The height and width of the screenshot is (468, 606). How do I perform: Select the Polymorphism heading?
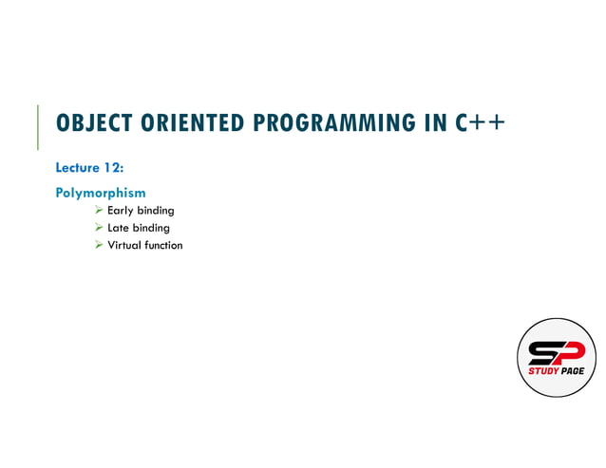coord(101,193)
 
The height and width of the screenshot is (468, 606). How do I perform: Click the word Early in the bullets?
coord(120,211)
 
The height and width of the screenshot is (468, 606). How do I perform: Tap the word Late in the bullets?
coord(119,228)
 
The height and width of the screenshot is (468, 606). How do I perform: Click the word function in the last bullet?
coord(163,245)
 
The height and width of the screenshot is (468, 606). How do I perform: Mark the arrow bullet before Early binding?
coord(99,211)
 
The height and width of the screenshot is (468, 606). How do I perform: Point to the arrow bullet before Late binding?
coord(99,228)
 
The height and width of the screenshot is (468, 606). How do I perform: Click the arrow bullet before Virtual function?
coord(99,245)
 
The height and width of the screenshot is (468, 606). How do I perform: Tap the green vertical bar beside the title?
coord(38,126)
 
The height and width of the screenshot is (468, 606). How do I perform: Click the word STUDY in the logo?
coord(544,371)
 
